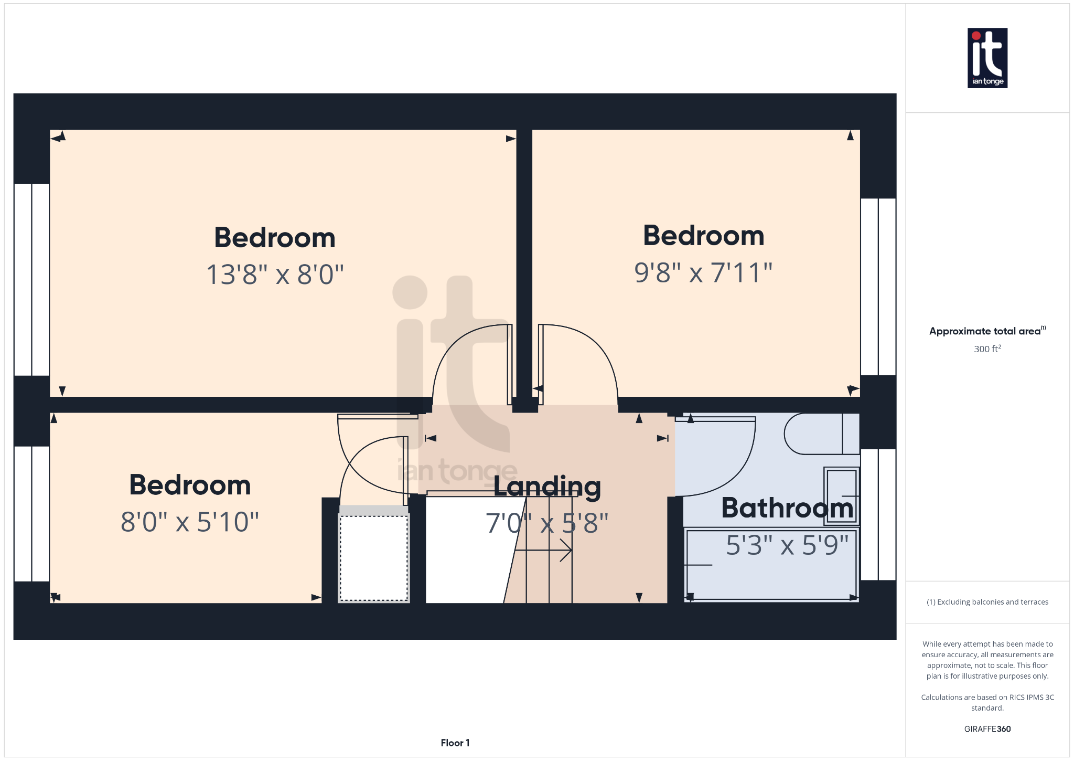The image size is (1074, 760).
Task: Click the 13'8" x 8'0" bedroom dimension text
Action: click(275, 275)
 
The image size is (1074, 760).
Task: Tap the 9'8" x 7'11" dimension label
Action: click(703, 273)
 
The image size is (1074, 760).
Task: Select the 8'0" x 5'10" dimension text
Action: click(190, 522)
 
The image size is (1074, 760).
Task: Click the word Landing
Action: click(547, 487)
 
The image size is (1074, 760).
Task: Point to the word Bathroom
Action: click(787, 508)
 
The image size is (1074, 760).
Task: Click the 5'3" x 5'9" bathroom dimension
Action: click(787, 545)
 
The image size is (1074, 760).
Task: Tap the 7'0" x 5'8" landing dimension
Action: click(547, 523)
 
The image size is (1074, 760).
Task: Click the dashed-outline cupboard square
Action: click(374, 558)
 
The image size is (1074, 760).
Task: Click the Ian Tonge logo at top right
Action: click(987, 58)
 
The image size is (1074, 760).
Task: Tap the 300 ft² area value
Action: click(987, 349)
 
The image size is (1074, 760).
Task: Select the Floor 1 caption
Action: click(455, 743)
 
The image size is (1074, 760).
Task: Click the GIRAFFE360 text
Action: click(987, 729)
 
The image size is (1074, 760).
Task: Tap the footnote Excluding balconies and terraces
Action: click(987, 602)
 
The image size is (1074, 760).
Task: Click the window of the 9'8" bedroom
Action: click(878, 287)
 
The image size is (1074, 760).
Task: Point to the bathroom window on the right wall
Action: click(878, 514)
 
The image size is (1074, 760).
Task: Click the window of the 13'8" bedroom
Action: click(31, 279)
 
